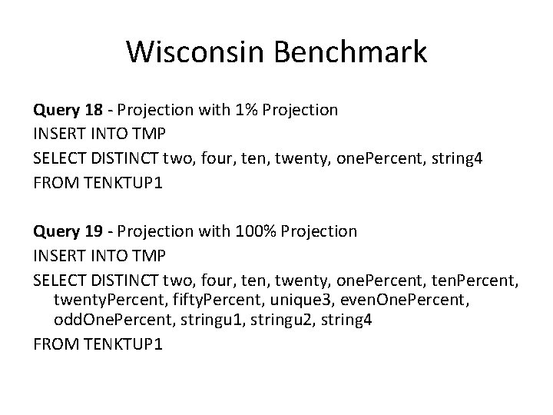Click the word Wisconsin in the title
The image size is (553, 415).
(193, 51)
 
